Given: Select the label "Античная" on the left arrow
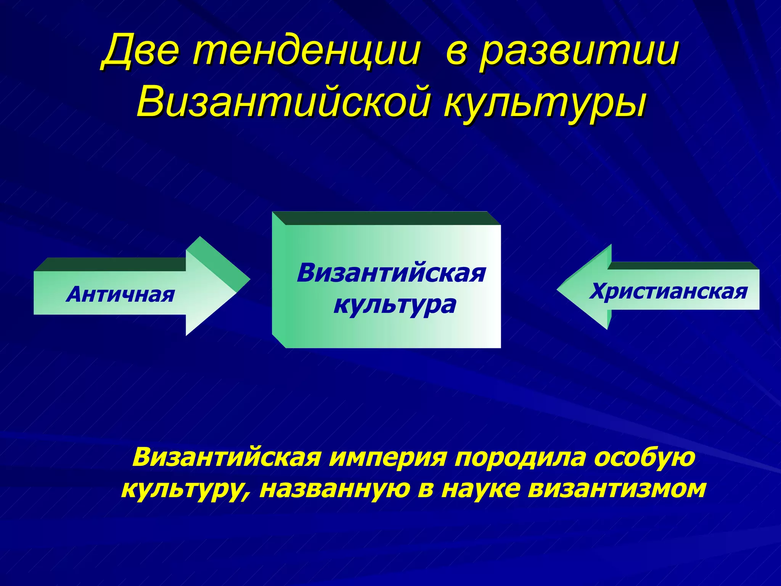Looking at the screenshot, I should pyautogui.click(x=121, y=295).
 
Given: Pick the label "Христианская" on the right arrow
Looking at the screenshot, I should pyautogui.click(x=668, y=292).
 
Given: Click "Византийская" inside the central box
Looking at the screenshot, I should pyautogui.click(x=391, y=273).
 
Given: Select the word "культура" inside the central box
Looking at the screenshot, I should pyautogui.click(x=394, y=305).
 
